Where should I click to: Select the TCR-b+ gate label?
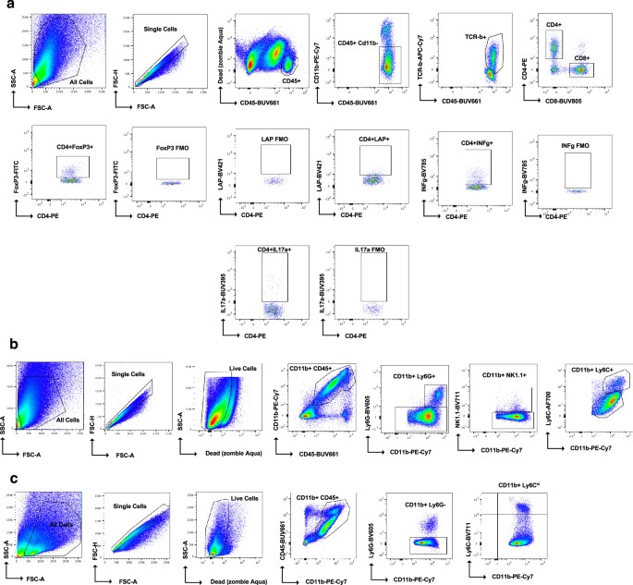pyautogui.click(x=477, y=39)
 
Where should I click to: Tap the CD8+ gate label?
pyautogui.click(x=581, y=57)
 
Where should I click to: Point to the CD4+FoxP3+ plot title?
pyautogui.click(x=82, y=146)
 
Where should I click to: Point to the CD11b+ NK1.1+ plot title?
pyautogui.click(x=503, y=349)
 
